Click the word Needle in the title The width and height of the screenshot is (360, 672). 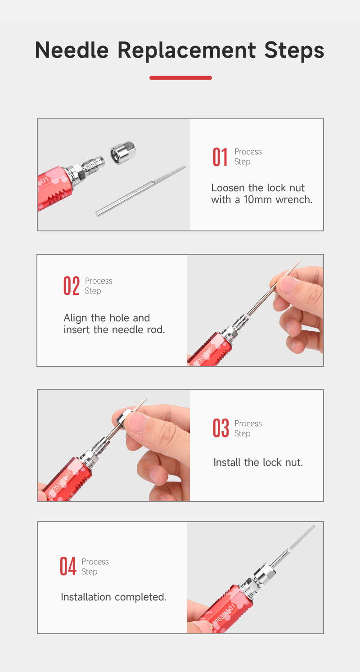pyautogui.click(x=72, y=50)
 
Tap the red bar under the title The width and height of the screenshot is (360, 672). pyautogui.click(x=180, y=78)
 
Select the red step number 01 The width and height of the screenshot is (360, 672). pyautogui.click(x=220, y=157)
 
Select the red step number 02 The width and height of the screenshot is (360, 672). pyautogui.click(x=72, y=286)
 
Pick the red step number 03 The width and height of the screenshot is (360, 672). pyautogui.click(x=221, y=428)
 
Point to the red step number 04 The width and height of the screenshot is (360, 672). pyautogui.click(x=68, y=566)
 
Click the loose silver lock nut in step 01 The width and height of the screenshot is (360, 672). pyautogui.click(x=123, y=153)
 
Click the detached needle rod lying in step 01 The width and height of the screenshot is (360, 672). pyautogui.click(x=141, y=191)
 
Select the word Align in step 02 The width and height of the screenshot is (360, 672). pyautogui.click(x=76, y=318)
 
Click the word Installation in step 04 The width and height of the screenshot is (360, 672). pyautogui.click(x=86, y=597)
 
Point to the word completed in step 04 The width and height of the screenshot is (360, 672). pyautogui.click(x=141, y=597)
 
